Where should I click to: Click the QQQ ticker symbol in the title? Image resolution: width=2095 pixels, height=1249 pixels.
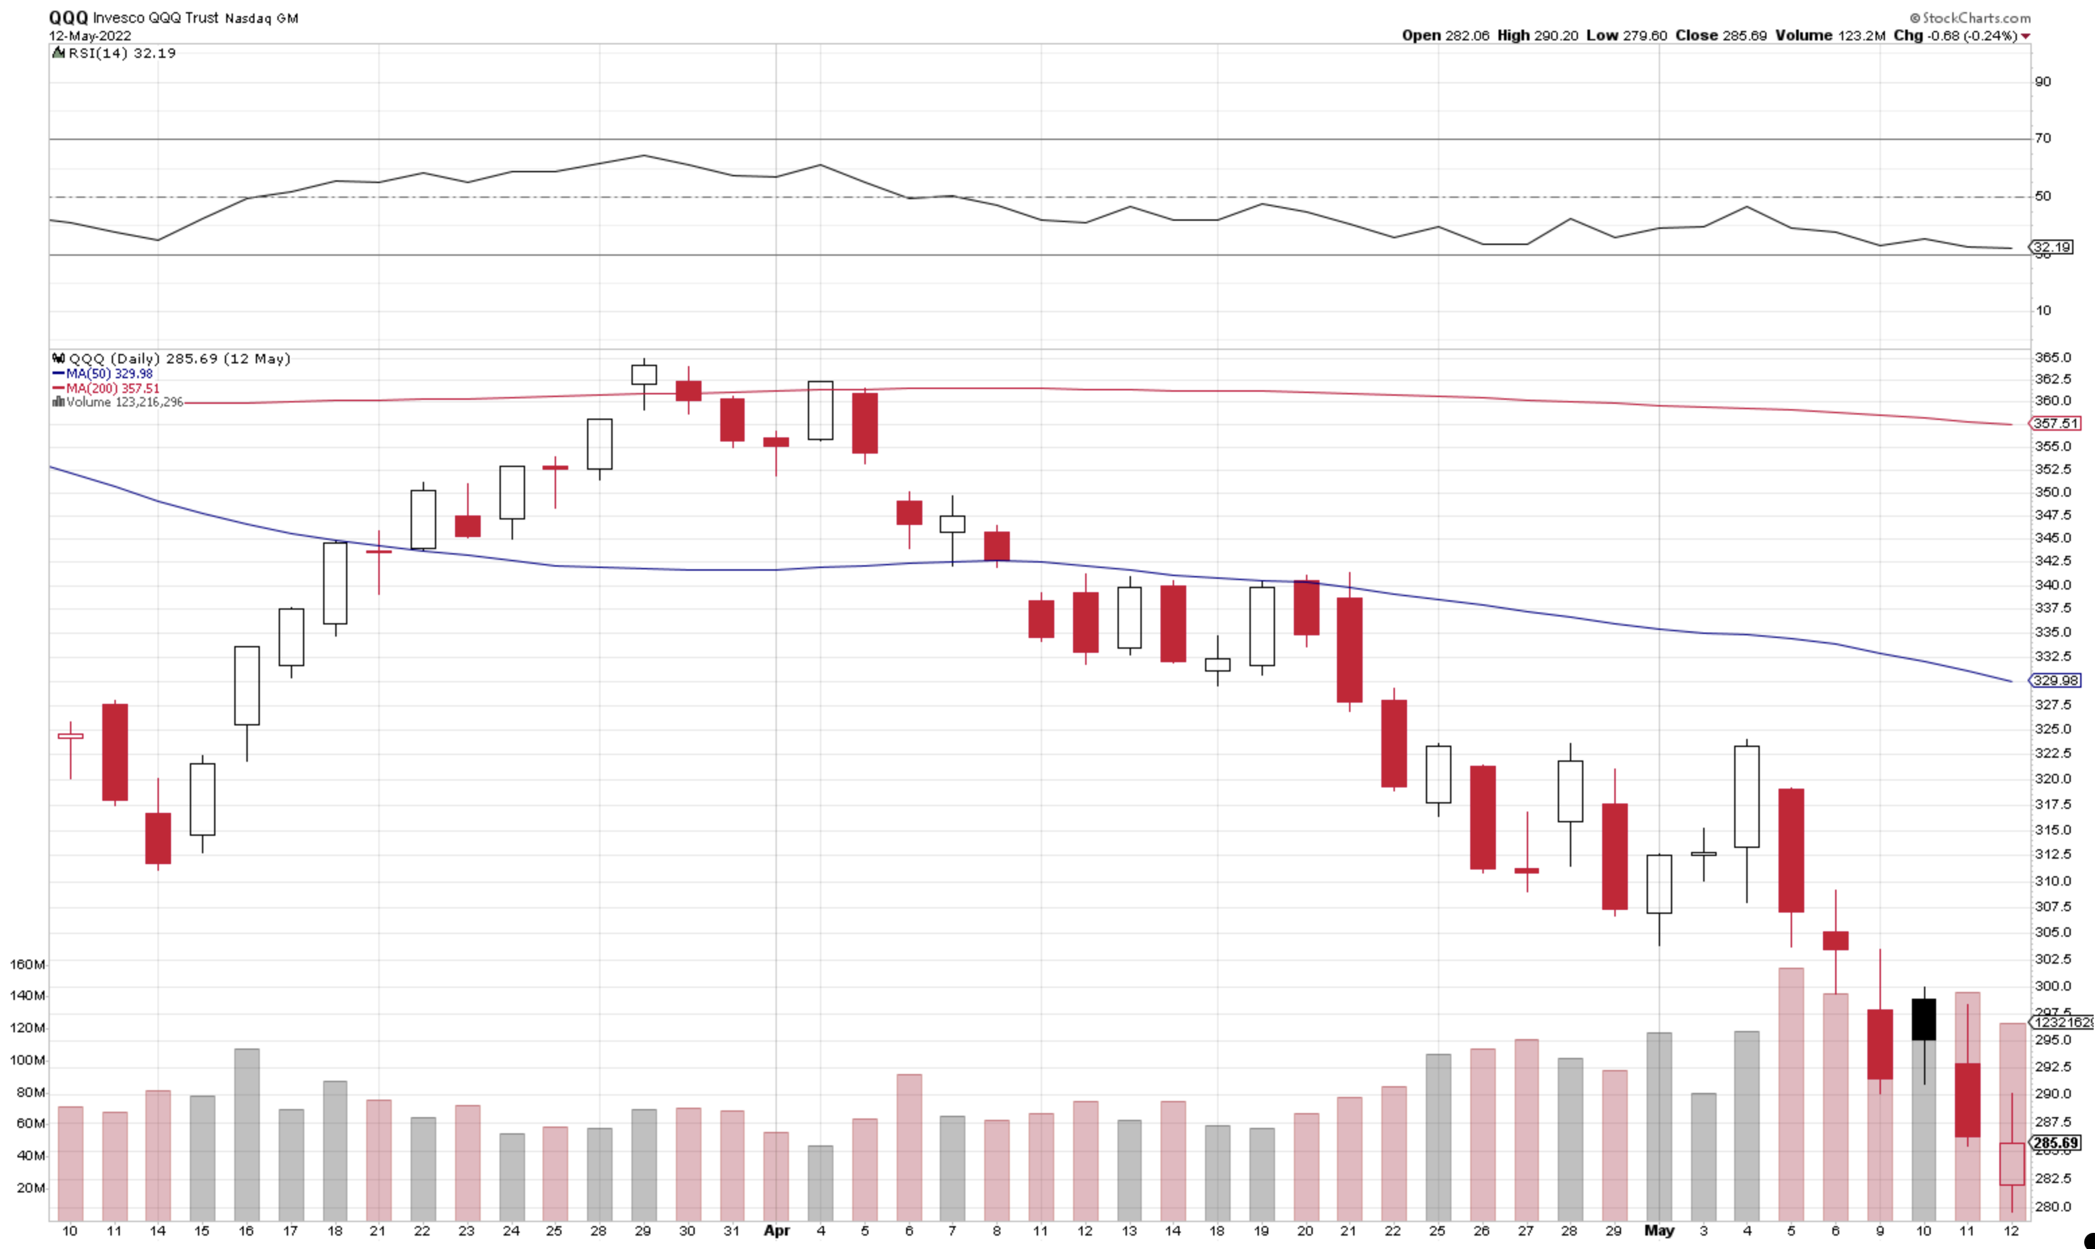click(x=68, y=17)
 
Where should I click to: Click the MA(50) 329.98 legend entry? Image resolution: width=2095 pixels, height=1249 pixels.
click(x=104, y=373)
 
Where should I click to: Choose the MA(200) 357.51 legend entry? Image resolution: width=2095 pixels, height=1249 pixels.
click(x=107, y=388)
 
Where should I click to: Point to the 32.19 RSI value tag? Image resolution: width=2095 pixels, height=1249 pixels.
click(x=2052, y=246)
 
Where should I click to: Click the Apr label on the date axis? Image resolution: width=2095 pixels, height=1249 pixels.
click(x=776, y=1230)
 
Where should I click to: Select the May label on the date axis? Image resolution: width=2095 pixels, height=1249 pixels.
click(x=1659, y=1230)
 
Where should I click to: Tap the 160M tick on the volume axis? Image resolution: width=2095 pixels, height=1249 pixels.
click(x=27, y=964)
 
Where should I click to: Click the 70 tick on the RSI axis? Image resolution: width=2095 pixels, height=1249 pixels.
click(x=2042, y=138)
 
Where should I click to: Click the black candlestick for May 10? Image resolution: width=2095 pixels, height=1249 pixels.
click(x=1924, y=1020)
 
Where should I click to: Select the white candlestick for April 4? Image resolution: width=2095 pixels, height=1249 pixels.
click(x=821, y=411)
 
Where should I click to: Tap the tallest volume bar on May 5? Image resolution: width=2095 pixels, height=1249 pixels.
click(x=1791, y=1094)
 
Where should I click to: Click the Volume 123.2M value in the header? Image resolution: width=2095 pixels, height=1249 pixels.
click(x=1830, y=36)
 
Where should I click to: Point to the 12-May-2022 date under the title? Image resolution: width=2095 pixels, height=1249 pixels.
click(x=90, y=36)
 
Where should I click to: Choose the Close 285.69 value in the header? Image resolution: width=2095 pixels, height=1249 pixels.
click(x=1721, y=36)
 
